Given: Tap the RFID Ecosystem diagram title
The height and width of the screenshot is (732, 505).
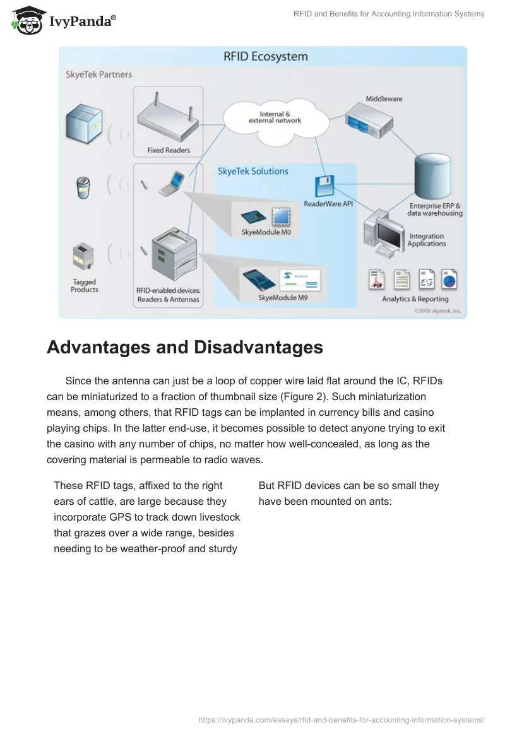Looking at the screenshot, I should [x=266, y=56].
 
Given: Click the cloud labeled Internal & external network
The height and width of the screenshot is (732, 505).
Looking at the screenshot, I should [x=275, y=117].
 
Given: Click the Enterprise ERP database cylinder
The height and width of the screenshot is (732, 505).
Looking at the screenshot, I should [x=434, y=177].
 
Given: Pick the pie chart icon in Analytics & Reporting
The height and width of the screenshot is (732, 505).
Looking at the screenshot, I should [x=449, y=278].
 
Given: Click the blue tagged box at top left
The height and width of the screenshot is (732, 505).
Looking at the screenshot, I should [x=83, y=124].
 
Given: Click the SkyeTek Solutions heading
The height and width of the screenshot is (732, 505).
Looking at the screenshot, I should [x=252, y=171].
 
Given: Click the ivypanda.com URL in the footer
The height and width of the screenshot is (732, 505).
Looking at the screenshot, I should [x=341, y=719].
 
